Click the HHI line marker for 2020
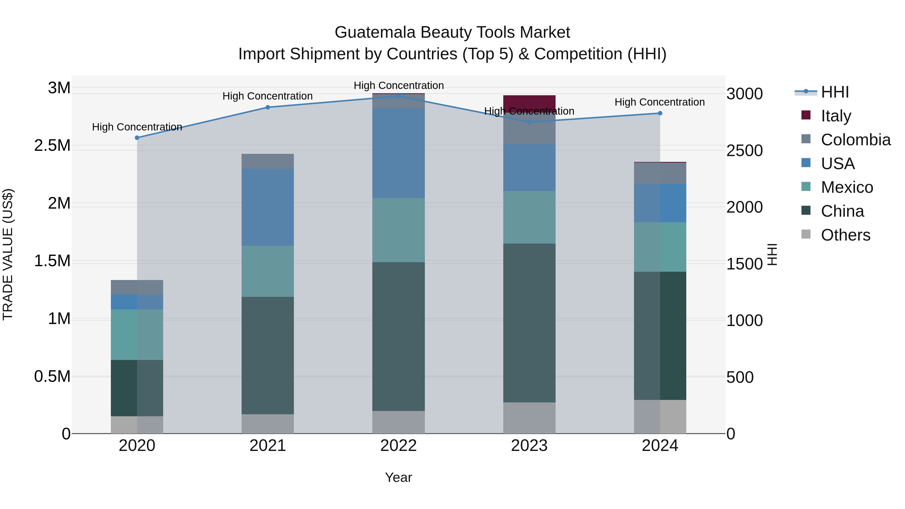tap(137, 138)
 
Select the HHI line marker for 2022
tap(398, 96)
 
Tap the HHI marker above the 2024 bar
tap(660, 113)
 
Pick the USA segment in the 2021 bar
tap(267, 207)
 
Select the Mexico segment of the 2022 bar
tap(398, 230)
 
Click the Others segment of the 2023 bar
tap(529, 418)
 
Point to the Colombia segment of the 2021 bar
tap(267, 161)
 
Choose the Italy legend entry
tap(836, 116)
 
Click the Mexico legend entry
tap(847, 187)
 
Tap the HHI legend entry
tap(834, 92)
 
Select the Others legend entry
tap(845, 235)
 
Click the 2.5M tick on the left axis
tap(52, 146)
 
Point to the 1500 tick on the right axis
tap(744, 264)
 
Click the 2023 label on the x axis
tap(529, 446)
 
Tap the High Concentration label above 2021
tap(267, 96)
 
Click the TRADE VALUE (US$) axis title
tap(8, 254)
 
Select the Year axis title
tap(398, 477)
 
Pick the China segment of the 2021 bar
tap(267, 355)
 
